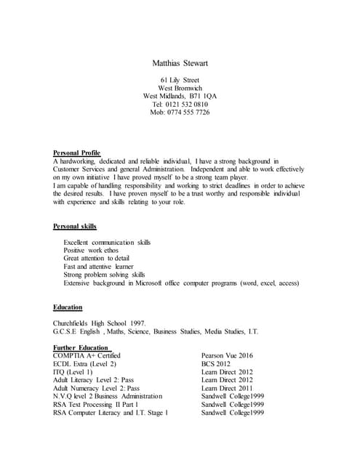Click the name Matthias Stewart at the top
(x=180, y=63)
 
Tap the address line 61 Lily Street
(x=180, y=80)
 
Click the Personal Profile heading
(x=76, y=153)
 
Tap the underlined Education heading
(x=68, y=307)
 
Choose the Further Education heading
(x=80, y=348)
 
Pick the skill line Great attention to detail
(x=97, y=258)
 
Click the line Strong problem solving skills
(x=104, y=275)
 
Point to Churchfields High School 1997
(x=100, y=323)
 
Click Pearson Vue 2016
(x=227, y=356)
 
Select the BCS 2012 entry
(x=216, y=364)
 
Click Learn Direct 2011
(x=227, y=389)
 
